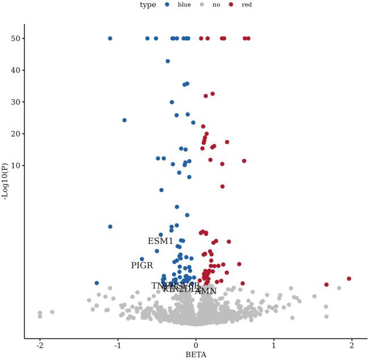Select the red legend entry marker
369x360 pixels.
point(230,5)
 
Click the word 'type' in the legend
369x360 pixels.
point(149,5)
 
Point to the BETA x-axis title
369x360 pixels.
point(195,355)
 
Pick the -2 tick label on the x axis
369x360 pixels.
point(39,344)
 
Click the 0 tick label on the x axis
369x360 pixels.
point(196,344)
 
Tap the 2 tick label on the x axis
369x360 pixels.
point(351,344)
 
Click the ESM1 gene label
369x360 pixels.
point(161,242)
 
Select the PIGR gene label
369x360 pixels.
point(142,265)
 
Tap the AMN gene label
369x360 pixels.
point(206,291)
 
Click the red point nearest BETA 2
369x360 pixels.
point(349,278)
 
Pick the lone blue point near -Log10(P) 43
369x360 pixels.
point(167,61)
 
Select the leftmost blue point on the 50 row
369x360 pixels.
point(110,39)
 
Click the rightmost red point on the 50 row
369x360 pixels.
point(248,39)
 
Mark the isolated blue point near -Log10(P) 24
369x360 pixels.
point(124,120)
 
